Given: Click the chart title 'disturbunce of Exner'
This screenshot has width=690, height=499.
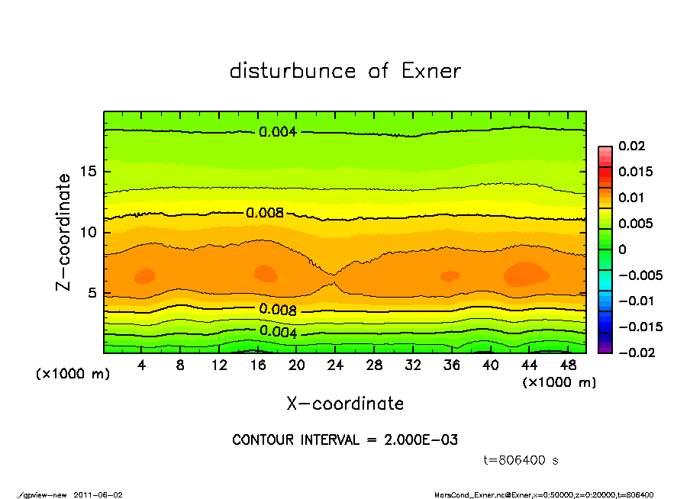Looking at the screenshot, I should (x=345, y=71).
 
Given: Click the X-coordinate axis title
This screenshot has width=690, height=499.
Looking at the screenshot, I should (x=345, y=404).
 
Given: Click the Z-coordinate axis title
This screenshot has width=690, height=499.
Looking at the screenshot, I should (x=64, y=232).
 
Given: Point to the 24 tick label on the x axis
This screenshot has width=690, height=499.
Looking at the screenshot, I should (x=335, y=365).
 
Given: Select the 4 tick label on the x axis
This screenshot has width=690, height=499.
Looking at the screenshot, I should (x=142, y=365).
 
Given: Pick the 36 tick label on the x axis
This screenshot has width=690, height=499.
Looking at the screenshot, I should (x=451, y=365).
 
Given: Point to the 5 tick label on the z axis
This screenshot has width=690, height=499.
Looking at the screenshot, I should (x=91, y=293).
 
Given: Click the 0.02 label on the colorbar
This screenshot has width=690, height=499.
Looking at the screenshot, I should (x=633, y=146).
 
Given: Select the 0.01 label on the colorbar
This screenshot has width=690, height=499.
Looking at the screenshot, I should (x=633, y=198).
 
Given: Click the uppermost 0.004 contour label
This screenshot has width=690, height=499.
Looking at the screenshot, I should (x=278, y=132).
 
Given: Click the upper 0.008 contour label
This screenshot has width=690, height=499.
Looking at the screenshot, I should (x=265, y=213).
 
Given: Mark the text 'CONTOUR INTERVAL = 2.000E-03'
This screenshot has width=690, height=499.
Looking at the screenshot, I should (x=345, y=440).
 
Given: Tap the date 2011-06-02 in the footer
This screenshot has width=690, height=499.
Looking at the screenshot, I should (x=98, y=494).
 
